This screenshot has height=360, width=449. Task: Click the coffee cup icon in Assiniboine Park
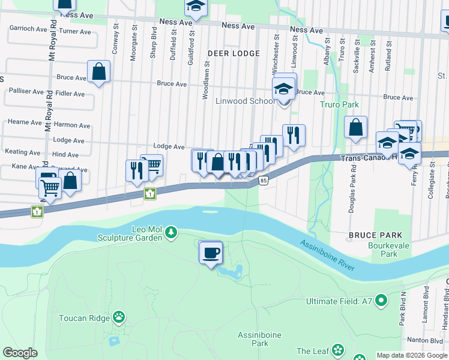[x=211, y=253]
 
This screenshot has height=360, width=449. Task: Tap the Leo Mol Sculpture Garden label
[x=130, y=233]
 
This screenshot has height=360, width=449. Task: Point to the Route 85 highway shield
[x=263, y=180]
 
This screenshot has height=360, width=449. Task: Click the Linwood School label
[x=245, y=101]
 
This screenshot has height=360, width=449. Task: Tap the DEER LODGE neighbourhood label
[x=234, y=53]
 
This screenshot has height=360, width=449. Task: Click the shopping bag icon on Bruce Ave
[x=98, y=72]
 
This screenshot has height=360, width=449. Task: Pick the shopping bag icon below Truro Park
[x=355, y=127]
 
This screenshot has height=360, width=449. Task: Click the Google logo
[x=20, y=353]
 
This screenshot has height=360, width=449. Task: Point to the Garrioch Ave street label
[x=28, y=28]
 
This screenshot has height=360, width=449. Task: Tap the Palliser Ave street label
[x=26, y=91]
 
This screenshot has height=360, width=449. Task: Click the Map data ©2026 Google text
[x=411, y=355]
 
